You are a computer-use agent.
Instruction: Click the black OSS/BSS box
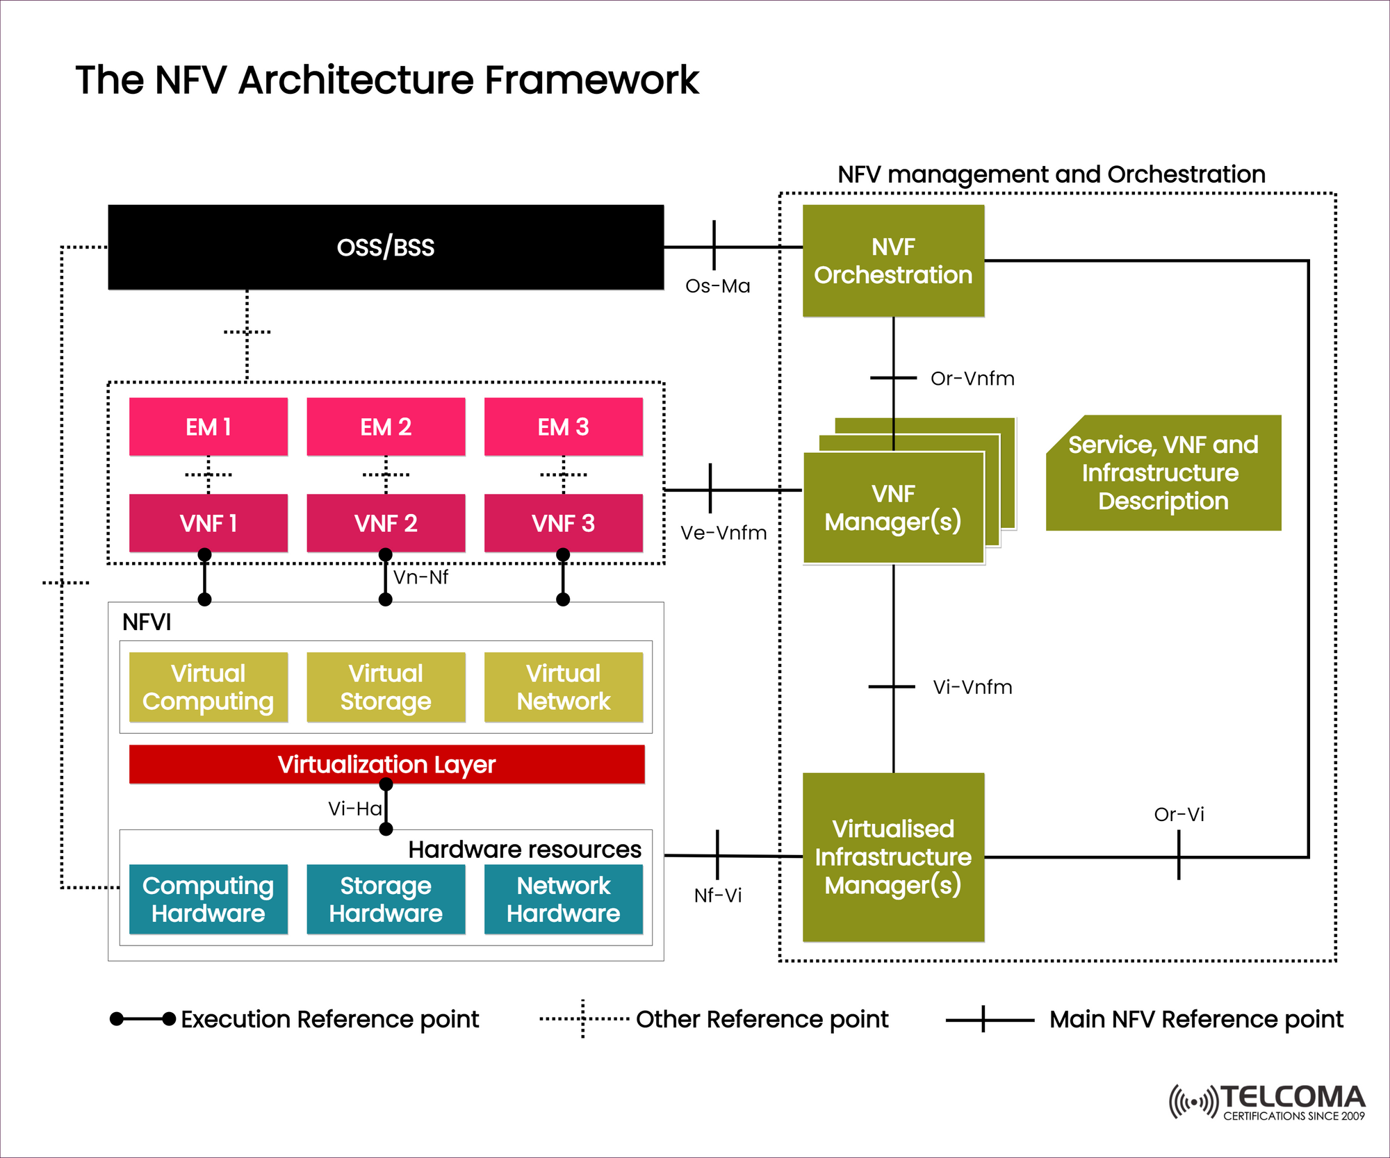coord(386,247)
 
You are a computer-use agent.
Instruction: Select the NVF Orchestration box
coord(893,260)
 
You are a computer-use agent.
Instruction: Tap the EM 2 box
coord(386,427)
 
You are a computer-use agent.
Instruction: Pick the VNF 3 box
coord(563,523)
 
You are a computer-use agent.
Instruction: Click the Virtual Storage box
coord(386,687)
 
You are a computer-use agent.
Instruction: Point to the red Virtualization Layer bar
coord(386,764)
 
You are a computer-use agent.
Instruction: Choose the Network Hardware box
coord(563,899)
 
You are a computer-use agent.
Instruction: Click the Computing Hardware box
coord(208,899)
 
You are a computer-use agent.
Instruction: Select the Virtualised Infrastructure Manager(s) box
coord(893,857)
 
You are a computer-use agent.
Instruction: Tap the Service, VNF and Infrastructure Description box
coord(1163,473)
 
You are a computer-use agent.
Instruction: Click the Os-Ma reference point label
coord(717,286)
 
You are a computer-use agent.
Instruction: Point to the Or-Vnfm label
coord(972,379)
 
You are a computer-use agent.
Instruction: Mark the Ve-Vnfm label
coord(723,533)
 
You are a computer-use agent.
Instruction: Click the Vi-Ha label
coord(354,809)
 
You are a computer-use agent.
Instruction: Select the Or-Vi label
coord(1179,814)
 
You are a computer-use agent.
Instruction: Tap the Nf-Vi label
coord(717,895)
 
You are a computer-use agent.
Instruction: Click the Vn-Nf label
coord(420,577)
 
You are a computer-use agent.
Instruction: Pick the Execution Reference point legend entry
coord(329,1019)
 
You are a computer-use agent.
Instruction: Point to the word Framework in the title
coord(591,80)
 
